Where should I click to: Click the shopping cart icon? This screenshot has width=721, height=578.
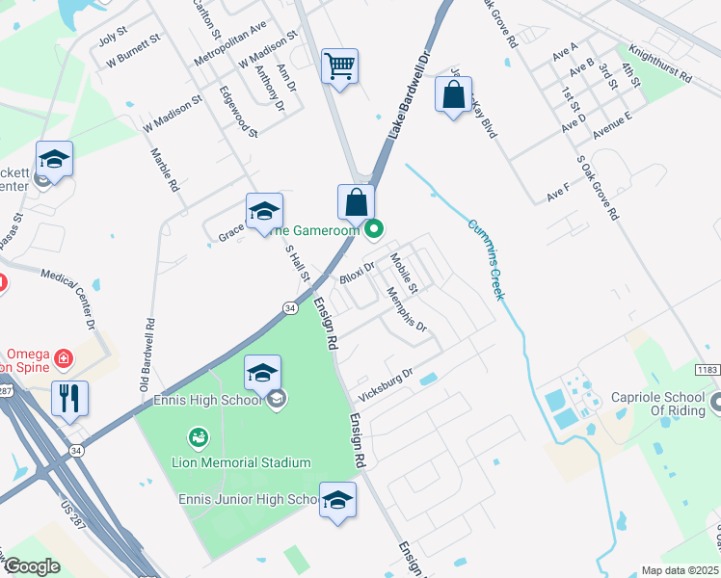tap(339, 66)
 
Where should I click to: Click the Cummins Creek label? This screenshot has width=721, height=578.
tap(486, 259)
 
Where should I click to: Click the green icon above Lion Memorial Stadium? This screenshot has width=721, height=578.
tap(200, 439)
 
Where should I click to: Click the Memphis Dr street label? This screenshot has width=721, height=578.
tap(406, 309)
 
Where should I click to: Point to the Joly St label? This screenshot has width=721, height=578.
tap(114, 40)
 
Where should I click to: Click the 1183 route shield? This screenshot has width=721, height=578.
tap(708, 370)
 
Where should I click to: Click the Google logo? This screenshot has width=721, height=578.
tap(32, 565)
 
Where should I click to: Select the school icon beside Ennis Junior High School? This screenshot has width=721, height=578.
tap(337, 500)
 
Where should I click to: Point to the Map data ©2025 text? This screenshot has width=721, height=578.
tap(679, 570)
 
